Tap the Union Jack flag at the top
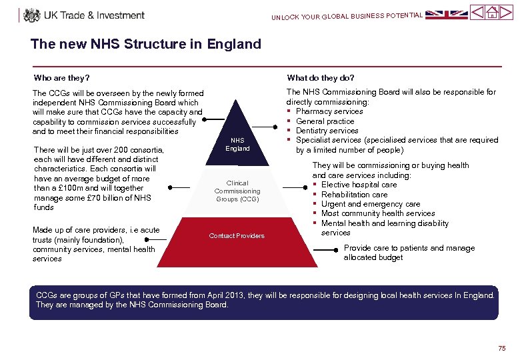[x=447, y=13]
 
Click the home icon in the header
[x=491, y=13]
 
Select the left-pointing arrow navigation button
[x=477, y=13]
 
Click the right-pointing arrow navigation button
[x=506, y=13]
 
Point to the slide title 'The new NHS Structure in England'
[x=145, y=45]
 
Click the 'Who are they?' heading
[x=62, y=78]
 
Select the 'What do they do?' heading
[x=321, y=78]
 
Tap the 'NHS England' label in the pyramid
[x=237, y=144]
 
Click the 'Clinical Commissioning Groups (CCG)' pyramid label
[x=237, y=191]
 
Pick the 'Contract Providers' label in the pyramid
[x=237, y=236]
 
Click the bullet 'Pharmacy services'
[x=329, y=111]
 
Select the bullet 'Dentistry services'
[x=327, y=131]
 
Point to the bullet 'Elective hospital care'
[x=359, y=185]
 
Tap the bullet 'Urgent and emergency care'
[x=371, y=204]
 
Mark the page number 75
[x=501, y=349]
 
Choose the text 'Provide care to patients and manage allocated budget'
[x=409, y=253]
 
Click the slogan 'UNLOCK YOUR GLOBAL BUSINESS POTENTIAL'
[x=347, y=16]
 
